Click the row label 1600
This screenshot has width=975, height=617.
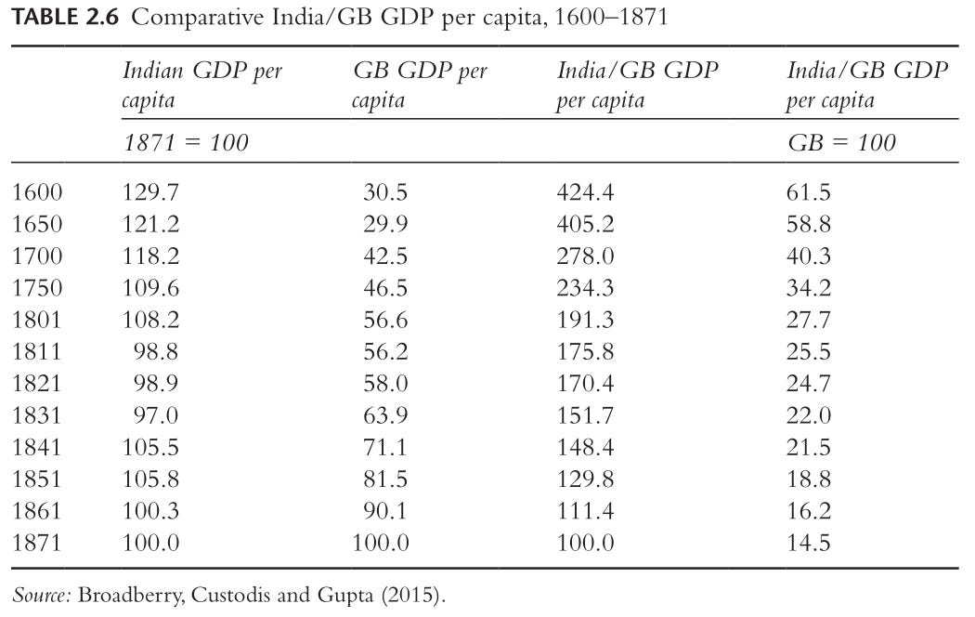[x=37, y=192]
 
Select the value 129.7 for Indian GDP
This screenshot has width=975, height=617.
[x=150, y=192]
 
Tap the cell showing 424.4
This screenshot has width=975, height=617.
[x=585, y=192]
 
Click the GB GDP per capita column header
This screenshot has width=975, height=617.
[x=420, y=85]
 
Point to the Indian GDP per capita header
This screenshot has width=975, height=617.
[x=202, y=85]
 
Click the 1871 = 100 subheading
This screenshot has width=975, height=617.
[x=186, y=142]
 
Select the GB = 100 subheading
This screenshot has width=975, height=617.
[x=841, y=142]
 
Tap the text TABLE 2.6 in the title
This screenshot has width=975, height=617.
[x=67, y=17]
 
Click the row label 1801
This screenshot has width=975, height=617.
[x=37, y=320]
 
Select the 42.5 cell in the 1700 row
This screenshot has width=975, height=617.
[x=385, y=256]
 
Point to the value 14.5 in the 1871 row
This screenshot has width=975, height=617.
[x=809, y=543]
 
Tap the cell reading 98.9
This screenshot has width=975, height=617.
[x=155, y=383]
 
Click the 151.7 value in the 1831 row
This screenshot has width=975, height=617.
[x=585, y=415]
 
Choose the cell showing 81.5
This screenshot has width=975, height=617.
[x=385, y=479]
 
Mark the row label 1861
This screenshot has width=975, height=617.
[x=37, y=511]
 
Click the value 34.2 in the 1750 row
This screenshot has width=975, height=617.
[x=809, y=288]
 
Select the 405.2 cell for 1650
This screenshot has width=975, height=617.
[x=585, y=224]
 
